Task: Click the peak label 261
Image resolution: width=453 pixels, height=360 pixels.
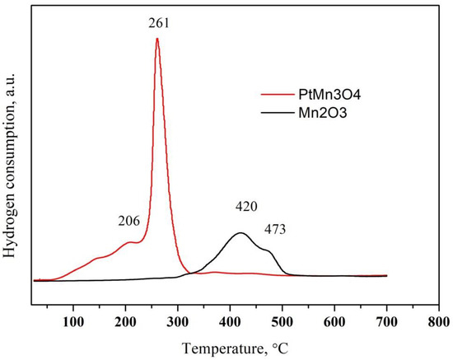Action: [158, 23]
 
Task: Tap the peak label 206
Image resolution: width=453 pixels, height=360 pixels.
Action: [128, 221]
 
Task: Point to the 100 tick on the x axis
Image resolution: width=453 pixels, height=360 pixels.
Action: [73, 320]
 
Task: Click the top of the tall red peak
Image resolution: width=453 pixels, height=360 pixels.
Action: [156, 39]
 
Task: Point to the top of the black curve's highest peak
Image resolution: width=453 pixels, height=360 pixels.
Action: [240, 233]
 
